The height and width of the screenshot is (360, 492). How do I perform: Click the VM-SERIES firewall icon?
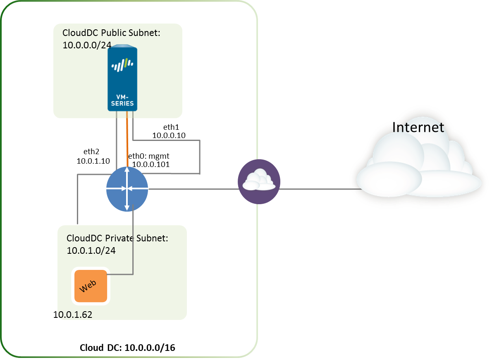[122, 79]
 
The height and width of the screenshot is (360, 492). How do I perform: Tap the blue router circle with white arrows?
[127, 188]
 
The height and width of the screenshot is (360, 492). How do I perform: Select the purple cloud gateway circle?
[259, 182]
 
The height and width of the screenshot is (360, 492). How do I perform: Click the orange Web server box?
[91, 286]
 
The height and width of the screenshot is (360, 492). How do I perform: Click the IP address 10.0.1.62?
[73, 315]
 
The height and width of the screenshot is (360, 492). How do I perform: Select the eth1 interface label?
[171, 127]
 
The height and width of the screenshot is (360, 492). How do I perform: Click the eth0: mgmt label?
[148, 156]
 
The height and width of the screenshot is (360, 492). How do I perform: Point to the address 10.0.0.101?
[151, 164]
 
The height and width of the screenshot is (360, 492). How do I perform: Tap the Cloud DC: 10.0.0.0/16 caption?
[127, 348]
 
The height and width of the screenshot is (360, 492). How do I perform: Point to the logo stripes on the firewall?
[122, 65]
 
